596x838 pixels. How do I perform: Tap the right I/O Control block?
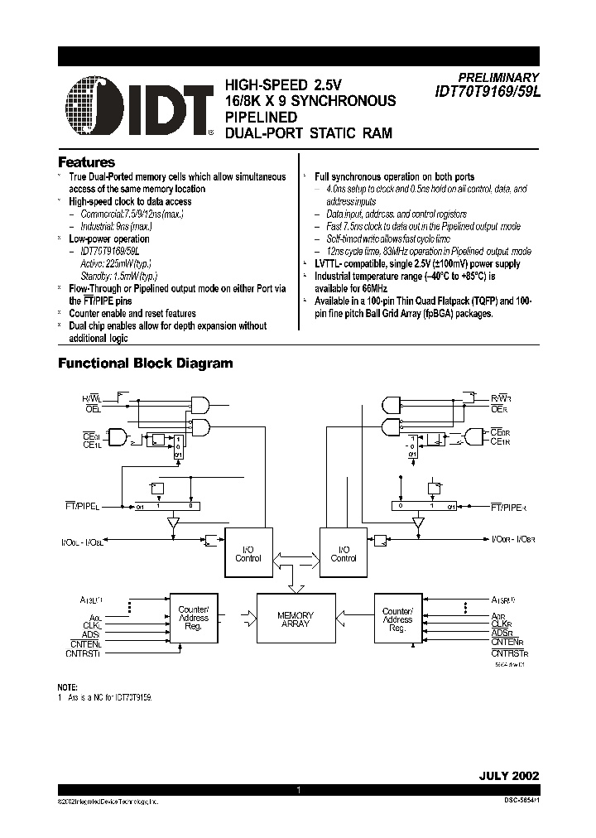pos(343,553)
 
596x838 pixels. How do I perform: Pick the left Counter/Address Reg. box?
pos(194,619)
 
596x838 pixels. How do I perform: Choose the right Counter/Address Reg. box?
pos(397,619)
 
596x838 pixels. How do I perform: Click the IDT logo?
pos(137,107)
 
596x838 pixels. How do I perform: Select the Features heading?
pos(86,162)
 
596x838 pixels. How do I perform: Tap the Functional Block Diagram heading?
pos(144,363)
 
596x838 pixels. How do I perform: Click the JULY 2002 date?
pos(508,776)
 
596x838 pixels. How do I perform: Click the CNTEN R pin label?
pos(507,643)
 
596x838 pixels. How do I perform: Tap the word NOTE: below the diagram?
pos(67,687)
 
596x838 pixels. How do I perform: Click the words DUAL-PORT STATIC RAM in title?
pos(303,132)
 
